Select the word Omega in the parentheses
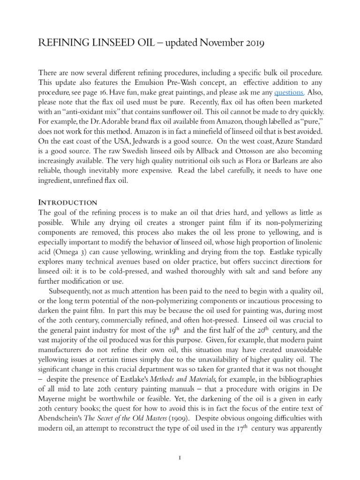click(65, 242)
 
